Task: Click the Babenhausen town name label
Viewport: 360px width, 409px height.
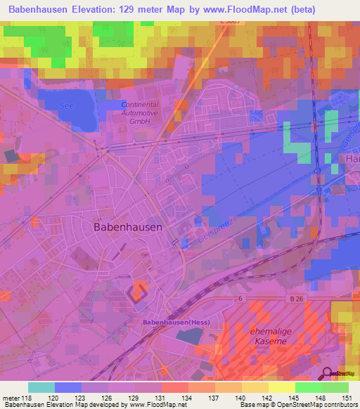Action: pos(128,227)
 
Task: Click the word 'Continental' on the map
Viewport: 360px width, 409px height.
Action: pos(140,103)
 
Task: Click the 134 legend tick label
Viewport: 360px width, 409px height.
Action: pos(188,397)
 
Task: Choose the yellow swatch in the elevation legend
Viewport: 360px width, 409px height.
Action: pos(281,387)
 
